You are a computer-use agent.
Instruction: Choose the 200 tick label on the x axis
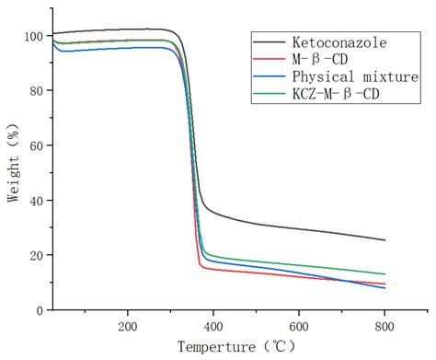click(127, 327)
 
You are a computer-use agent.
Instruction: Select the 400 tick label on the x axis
click(212, 327)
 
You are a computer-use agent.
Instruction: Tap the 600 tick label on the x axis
click(299, 327)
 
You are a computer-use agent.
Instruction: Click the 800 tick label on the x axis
click(384, 327)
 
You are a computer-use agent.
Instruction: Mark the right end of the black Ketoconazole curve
click(384, 240)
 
